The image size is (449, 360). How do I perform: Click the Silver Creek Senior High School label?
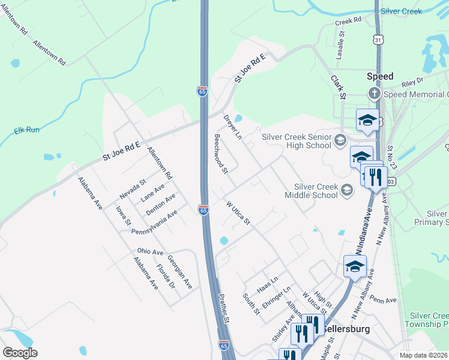point(297,140)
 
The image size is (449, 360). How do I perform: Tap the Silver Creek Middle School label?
point(316,191)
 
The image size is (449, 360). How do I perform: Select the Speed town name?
point(380,76)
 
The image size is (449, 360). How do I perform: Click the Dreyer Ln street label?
point(232,127)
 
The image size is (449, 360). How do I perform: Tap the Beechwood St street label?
point(221,154)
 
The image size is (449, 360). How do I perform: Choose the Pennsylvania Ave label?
point(154,222)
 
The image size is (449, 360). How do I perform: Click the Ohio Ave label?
point(150,251)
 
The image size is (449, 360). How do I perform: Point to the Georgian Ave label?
point(179,272)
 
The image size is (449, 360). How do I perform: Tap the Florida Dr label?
point(165,276)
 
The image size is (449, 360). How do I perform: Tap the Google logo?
point(20,352)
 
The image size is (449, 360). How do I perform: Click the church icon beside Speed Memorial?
point(374,94)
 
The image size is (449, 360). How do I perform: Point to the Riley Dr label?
point(412,79)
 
